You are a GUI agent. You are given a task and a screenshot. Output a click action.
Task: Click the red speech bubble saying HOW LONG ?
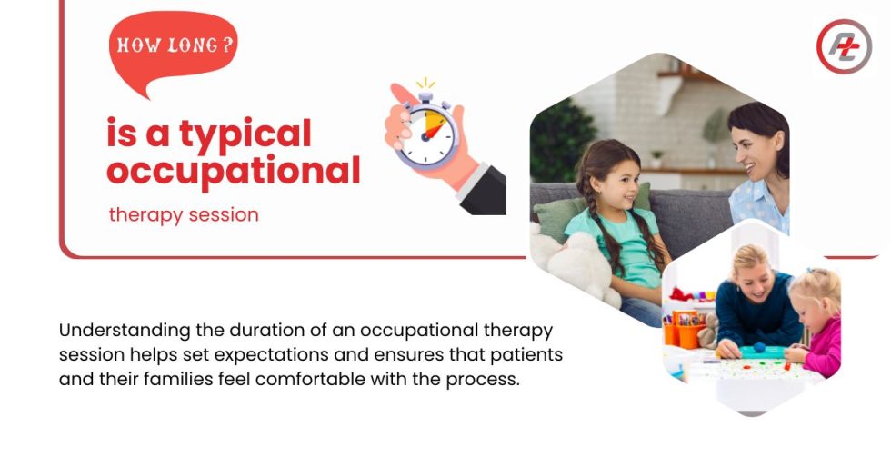pyautogui.click(x=173, y=47)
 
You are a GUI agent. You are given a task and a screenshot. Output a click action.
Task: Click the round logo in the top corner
pyautogui.click(x=843, y=45)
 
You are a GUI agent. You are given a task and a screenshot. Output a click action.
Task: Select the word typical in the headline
pyautogui.click(x=245, y=134)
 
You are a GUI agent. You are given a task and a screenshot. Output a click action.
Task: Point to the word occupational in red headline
pyautogui.click(x=233, y=170)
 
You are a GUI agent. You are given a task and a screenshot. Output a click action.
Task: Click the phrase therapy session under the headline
pyautogui.click(x=184, y=215)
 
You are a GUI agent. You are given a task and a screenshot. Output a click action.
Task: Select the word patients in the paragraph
pyautogui.click(x=526, y=354)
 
